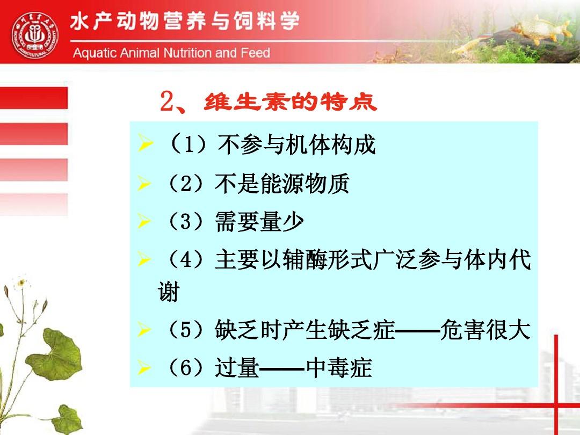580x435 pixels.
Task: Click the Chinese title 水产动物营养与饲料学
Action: tap(185, 23)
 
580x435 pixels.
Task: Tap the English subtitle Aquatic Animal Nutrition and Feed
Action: tap(171, 53)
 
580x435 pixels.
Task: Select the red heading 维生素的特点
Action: tap(290, 102)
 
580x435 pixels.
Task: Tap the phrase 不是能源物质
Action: tap(282, 184)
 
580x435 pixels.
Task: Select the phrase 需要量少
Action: tap(259, 222)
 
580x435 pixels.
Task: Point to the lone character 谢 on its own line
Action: tap(168, 293)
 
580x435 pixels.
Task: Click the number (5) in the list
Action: tap(185, 330)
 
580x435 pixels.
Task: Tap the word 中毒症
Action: tap(338, 368)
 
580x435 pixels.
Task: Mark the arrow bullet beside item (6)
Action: tap(144, 369)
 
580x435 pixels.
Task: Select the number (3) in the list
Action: tap(185, 222)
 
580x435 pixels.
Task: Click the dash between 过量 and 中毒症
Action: tap(282, 369)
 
